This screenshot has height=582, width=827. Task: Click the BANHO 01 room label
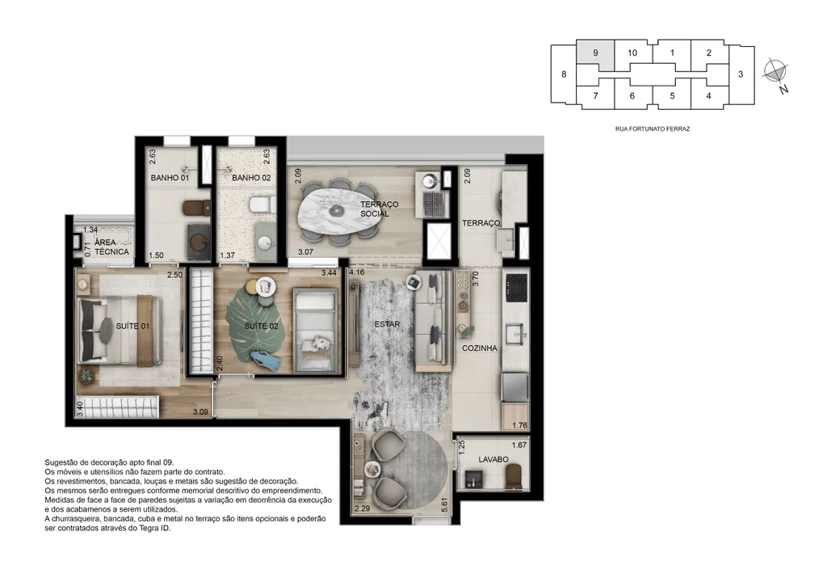[x=170, y=178]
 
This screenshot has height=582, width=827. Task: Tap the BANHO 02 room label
[x=251, y=178]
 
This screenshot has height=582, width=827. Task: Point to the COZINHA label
[x=480, y=348]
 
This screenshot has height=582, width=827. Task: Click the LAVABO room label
[x=493, y=459]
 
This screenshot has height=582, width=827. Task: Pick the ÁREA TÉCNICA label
[x=111, y=247]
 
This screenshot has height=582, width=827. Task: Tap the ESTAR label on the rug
[x=387, y=324]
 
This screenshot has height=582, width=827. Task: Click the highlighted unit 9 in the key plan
[x=595, y=54]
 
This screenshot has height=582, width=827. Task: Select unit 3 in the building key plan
[x=741, y=74]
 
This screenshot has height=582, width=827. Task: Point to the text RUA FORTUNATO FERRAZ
[x=653, y=129]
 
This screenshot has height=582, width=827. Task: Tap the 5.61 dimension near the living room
[x=445, y=505]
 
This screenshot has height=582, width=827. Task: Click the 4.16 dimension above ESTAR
[x=356, y=272]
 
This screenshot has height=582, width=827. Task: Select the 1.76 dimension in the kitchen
[x=519, y=425]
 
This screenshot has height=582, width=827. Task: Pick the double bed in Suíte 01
[x=120, y=331]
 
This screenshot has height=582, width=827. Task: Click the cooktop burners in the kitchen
[x=516, y=287]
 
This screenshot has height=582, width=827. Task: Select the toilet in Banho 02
[x=262, y=204]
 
